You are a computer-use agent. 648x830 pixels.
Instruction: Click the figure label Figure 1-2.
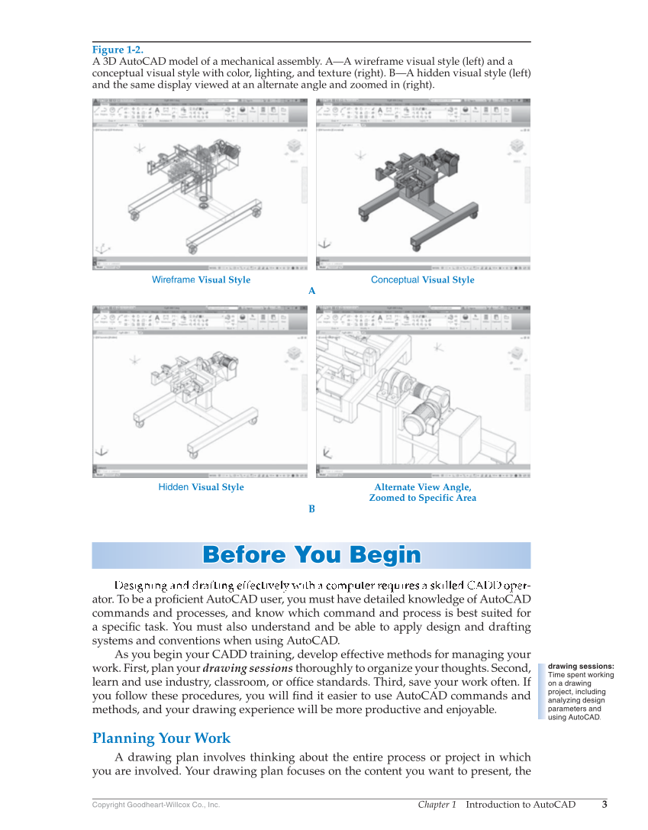pos(118,50)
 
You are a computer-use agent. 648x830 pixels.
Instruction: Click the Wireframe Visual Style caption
pos(201,280)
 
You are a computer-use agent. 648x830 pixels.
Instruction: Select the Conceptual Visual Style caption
pos(422,280)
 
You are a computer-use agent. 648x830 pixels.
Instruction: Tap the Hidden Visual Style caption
pos(201,487)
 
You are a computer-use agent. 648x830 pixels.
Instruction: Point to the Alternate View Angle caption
pos(422,487)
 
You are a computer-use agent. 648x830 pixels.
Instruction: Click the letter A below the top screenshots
pos(311,291)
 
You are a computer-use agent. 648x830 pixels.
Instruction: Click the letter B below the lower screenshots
pos(311,509)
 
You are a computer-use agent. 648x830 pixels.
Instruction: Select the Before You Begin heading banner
pos(311,555)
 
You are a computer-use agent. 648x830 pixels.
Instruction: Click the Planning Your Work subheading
pos(161,738)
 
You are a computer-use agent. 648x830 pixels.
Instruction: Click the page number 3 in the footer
pos(604,804)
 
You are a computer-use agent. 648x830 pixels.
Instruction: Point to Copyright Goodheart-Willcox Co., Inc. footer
pos(156,805)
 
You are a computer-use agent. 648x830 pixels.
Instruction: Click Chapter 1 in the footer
pos(437,804)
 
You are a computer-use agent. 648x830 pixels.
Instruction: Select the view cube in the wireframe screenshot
pos(294,147)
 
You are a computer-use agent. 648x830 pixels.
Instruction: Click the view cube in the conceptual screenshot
pos(517,147)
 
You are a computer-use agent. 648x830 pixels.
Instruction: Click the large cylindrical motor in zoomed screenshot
pos(418,419)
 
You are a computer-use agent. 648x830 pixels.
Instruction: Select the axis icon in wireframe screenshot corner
pos(101,249)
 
